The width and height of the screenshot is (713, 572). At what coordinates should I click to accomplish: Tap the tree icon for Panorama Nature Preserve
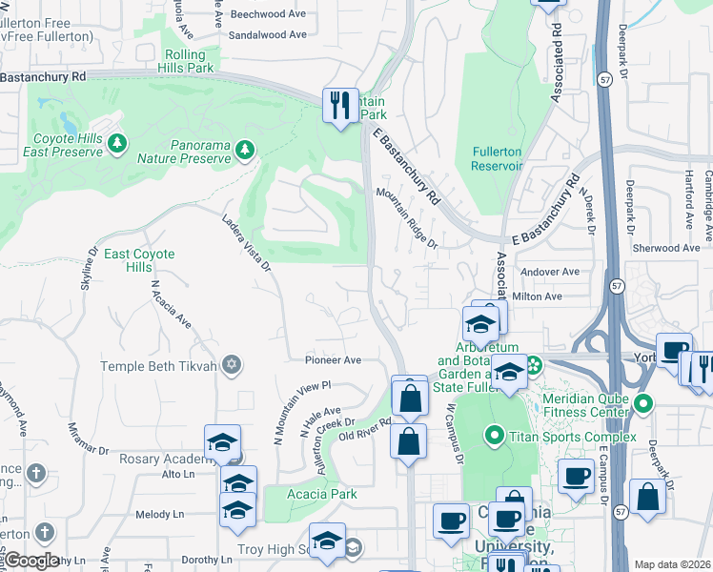click(x=245, y=149)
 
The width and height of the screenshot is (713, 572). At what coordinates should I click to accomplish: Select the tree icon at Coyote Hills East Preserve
click(x=117, y=143)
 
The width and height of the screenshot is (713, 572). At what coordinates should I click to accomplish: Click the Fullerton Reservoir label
click(x=497, y=158)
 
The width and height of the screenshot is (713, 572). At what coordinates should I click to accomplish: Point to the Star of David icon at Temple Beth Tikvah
click(x=231, y=365)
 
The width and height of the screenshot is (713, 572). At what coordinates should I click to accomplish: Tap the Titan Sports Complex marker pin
click(x=494, y=437)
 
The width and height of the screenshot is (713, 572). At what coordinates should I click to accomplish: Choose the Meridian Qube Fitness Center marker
click(x=643, y=404)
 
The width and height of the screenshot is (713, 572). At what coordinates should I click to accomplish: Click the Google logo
click(x=31, y=561)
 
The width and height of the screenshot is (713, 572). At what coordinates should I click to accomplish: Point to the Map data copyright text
click(x=673, y=564)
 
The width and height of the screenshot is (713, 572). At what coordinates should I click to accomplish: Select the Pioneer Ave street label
click(x=333, y=360)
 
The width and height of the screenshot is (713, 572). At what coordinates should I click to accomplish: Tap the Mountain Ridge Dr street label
click(x=407, y=218)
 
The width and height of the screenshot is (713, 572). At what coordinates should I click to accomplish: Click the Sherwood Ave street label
click(x=666, y=248)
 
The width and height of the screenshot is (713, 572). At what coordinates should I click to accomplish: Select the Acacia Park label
click(x=323, y=494)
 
